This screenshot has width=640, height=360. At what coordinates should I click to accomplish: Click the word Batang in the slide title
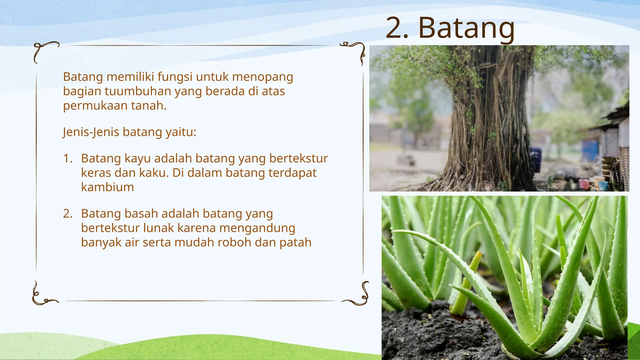pyautogui.click(x=466, y=29)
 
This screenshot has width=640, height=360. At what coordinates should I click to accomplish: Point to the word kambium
pyautogui.click(x=107, y=187)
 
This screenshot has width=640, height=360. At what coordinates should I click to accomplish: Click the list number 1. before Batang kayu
pyautogui.click(x=67, y=158)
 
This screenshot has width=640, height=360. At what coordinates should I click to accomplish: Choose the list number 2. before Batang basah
pyautogui.click(x=67, y=213)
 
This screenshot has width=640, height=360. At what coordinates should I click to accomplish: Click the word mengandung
pyautogui.click(x=257, y=228)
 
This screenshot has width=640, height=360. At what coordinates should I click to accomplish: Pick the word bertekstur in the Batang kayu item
pyautogui.click(x=298, y=158)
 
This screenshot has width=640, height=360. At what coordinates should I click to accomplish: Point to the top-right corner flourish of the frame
pyautogui.click(x=355, y=52)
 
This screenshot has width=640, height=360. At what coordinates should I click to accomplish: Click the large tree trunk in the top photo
pyautogui.click(x=491, y=125)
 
